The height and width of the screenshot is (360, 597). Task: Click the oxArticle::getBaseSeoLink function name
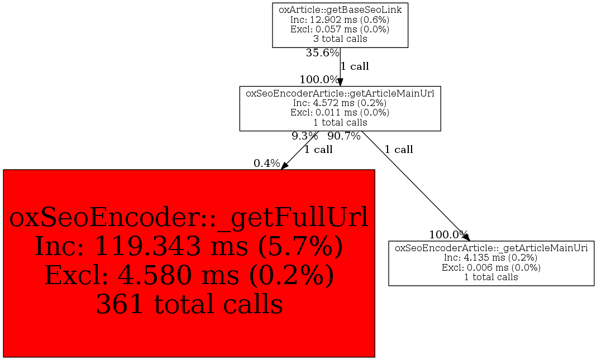(340, 9)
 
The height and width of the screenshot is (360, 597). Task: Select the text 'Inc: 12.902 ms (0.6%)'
(340, 20)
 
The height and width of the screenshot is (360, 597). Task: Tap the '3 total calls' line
(340, 39)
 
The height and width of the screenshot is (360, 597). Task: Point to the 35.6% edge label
(322, 53)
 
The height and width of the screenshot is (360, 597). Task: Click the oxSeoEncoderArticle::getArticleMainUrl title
(340, 93)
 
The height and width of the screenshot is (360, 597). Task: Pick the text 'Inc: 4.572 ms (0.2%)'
(340, 103)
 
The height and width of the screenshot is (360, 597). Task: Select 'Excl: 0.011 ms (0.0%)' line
(340, 112)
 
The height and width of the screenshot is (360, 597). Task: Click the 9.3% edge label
(304, 136)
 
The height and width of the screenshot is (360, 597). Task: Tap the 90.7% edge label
(343, 136)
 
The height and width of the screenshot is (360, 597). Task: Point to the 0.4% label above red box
(266, 163)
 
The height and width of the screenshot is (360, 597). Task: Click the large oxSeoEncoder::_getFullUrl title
(189, 218)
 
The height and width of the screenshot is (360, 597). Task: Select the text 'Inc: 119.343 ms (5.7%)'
(189, 247)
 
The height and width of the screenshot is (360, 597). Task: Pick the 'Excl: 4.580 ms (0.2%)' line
(189, 276)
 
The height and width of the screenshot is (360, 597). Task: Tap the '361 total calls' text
(189, 305)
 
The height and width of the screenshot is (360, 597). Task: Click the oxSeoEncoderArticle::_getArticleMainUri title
(491, 248)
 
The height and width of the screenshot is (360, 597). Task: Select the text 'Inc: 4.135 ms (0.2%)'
(491, 257)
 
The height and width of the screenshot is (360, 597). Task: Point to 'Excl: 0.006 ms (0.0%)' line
(491, 267)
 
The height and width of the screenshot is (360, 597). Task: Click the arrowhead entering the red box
(284, 166)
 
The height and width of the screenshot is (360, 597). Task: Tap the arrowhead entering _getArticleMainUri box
(466, 238)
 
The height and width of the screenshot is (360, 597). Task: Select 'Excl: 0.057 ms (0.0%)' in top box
(340, 29)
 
